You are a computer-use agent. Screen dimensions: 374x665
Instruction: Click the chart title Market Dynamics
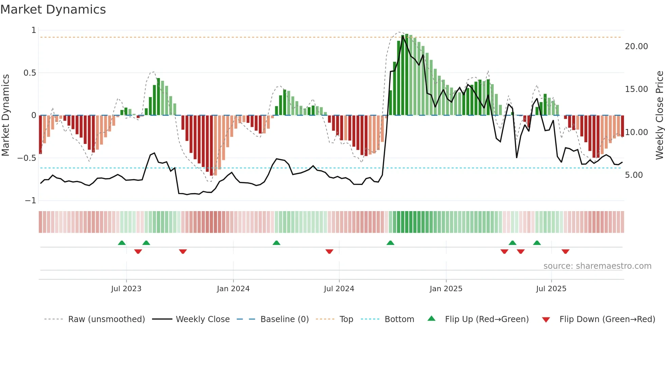[53, 10]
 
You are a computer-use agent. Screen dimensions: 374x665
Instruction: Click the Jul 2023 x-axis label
[126, 289]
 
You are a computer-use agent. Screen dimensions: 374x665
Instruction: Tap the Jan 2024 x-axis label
[233, 289]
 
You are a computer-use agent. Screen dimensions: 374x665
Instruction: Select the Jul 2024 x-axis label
[339, 289]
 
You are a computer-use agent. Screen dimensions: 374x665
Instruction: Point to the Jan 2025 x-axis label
[446, 289]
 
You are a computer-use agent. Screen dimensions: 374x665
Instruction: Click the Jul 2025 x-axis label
[551, 289]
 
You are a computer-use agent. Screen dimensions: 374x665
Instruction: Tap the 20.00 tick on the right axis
[636, 46]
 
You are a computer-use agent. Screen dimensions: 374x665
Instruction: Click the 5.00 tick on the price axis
[634, 175]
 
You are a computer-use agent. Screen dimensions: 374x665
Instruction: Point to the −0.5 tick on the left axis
[26, 158]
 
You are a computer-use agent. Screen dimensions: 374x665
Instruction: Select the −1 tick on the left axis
[31, 201]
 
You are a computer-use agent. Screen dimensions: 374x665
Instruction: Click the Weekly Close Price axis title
[659, 115]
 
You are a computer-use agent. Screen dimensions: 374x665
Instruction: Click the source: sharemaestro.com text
[597, 266]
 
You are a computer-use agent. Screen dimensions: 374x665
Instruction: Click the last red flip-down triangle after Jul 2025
[565, 251]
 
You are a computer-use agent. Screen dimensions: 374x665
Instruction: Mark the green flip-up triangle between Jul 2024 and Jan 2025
[390, 243]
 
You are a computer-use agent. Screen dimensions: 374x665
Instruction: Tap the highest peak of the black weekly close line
[403, 36]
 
